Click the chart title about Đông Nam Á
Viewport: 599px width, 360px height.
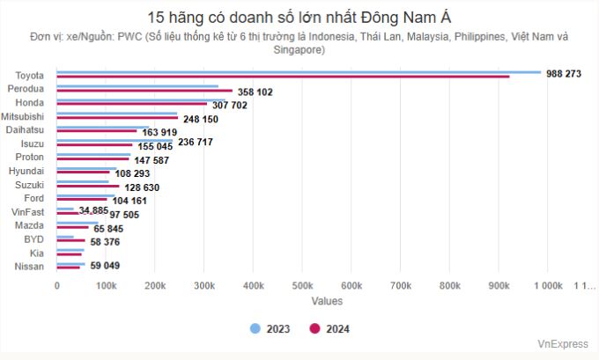tap(299, 17)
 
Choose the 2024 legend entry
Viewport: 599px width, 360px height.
tap(329, 329)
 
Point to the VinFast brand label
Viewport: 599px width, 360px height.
tap(33, 212)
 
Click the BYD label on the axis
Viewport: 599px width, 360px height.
tap(33, 239)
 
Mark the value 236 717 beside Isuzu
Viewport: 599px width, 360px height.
tap(196, 142)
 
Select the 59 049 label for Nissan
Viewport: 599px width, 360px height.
tap(103, 265)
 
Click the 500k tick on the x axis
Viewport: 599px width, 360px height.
tap(302, 285)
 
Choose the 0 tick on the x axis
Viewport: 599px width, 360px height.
tap(57, 285)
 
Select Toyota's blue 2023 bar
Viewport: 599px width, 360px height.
tap(299, 72)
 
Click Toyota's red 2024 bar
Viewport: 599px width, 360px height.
tap(283, 77)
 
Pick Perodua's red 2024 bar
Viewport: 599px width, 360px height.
tap(144, 91)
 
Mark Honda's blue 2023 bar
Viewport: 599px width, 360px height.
tap(132, 99)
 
